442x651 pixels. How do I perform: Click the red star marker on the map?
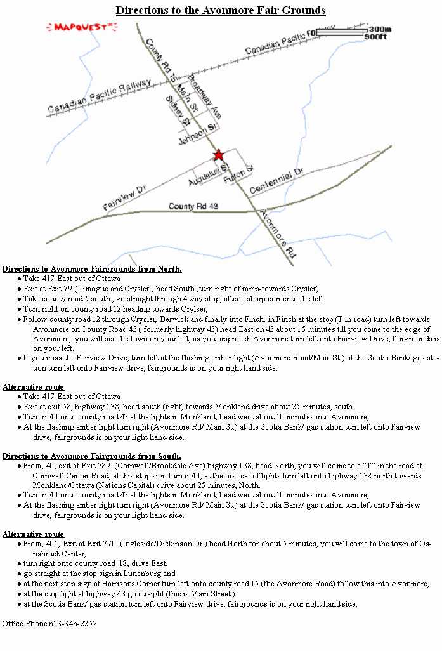[x=219, y=155]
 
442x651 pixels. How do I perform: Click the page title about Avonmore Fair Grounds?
[x=221, y=10]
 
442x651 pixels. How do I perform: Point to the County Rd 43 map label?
[x=193, y=207]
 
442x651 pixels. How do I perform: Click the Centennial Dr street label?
[x=277, y=181]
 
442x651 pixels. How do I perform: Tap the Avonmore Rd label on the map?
[x=279, y=233]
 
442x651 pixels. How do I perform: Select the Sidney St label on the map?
[x=178, y=109]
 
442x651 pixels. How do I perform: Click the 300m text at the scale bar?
[x=380, y=29]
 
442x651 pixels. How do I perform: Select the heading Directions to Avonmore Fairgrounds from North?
[x=92, y=269]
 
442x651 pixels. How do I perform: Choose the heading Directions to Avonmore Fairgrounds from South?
[x=92, y=456]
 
